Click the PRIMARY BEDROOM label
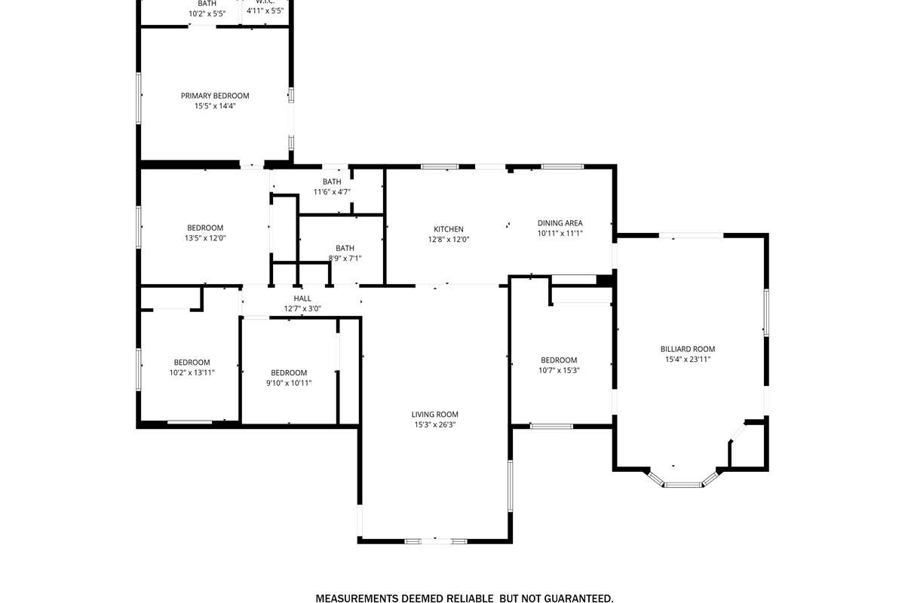tap(215, 96)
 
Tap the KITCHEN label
tap(449, 229)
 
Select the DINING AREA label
tap(560, 223)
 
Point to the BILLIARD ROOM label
tap(688, 349)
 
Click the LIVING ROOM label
tap(435, 415)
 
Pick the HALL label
tap(302, 298)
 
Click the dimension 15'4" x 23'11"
tap(688, 360)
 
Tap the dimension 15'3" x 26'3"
tap(435, 424)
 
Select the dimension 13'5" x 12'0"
tap(205, 238)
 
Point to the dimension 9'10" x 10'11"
tap(289, 383)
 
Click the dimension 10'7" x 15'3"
tap(559, 370)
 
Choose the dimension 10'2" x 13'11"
tap(192, 372)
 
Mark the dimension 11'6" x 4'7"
tap(332, 192)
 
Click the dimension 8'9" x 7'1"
tap(345, 259)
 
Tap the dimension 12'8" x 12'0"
tap(449, 240)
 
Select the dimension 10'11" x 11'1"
tap(560, 234)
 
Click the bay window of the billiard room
tap(683, 484)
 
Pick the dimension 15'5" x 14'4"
tap(215, 106)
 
